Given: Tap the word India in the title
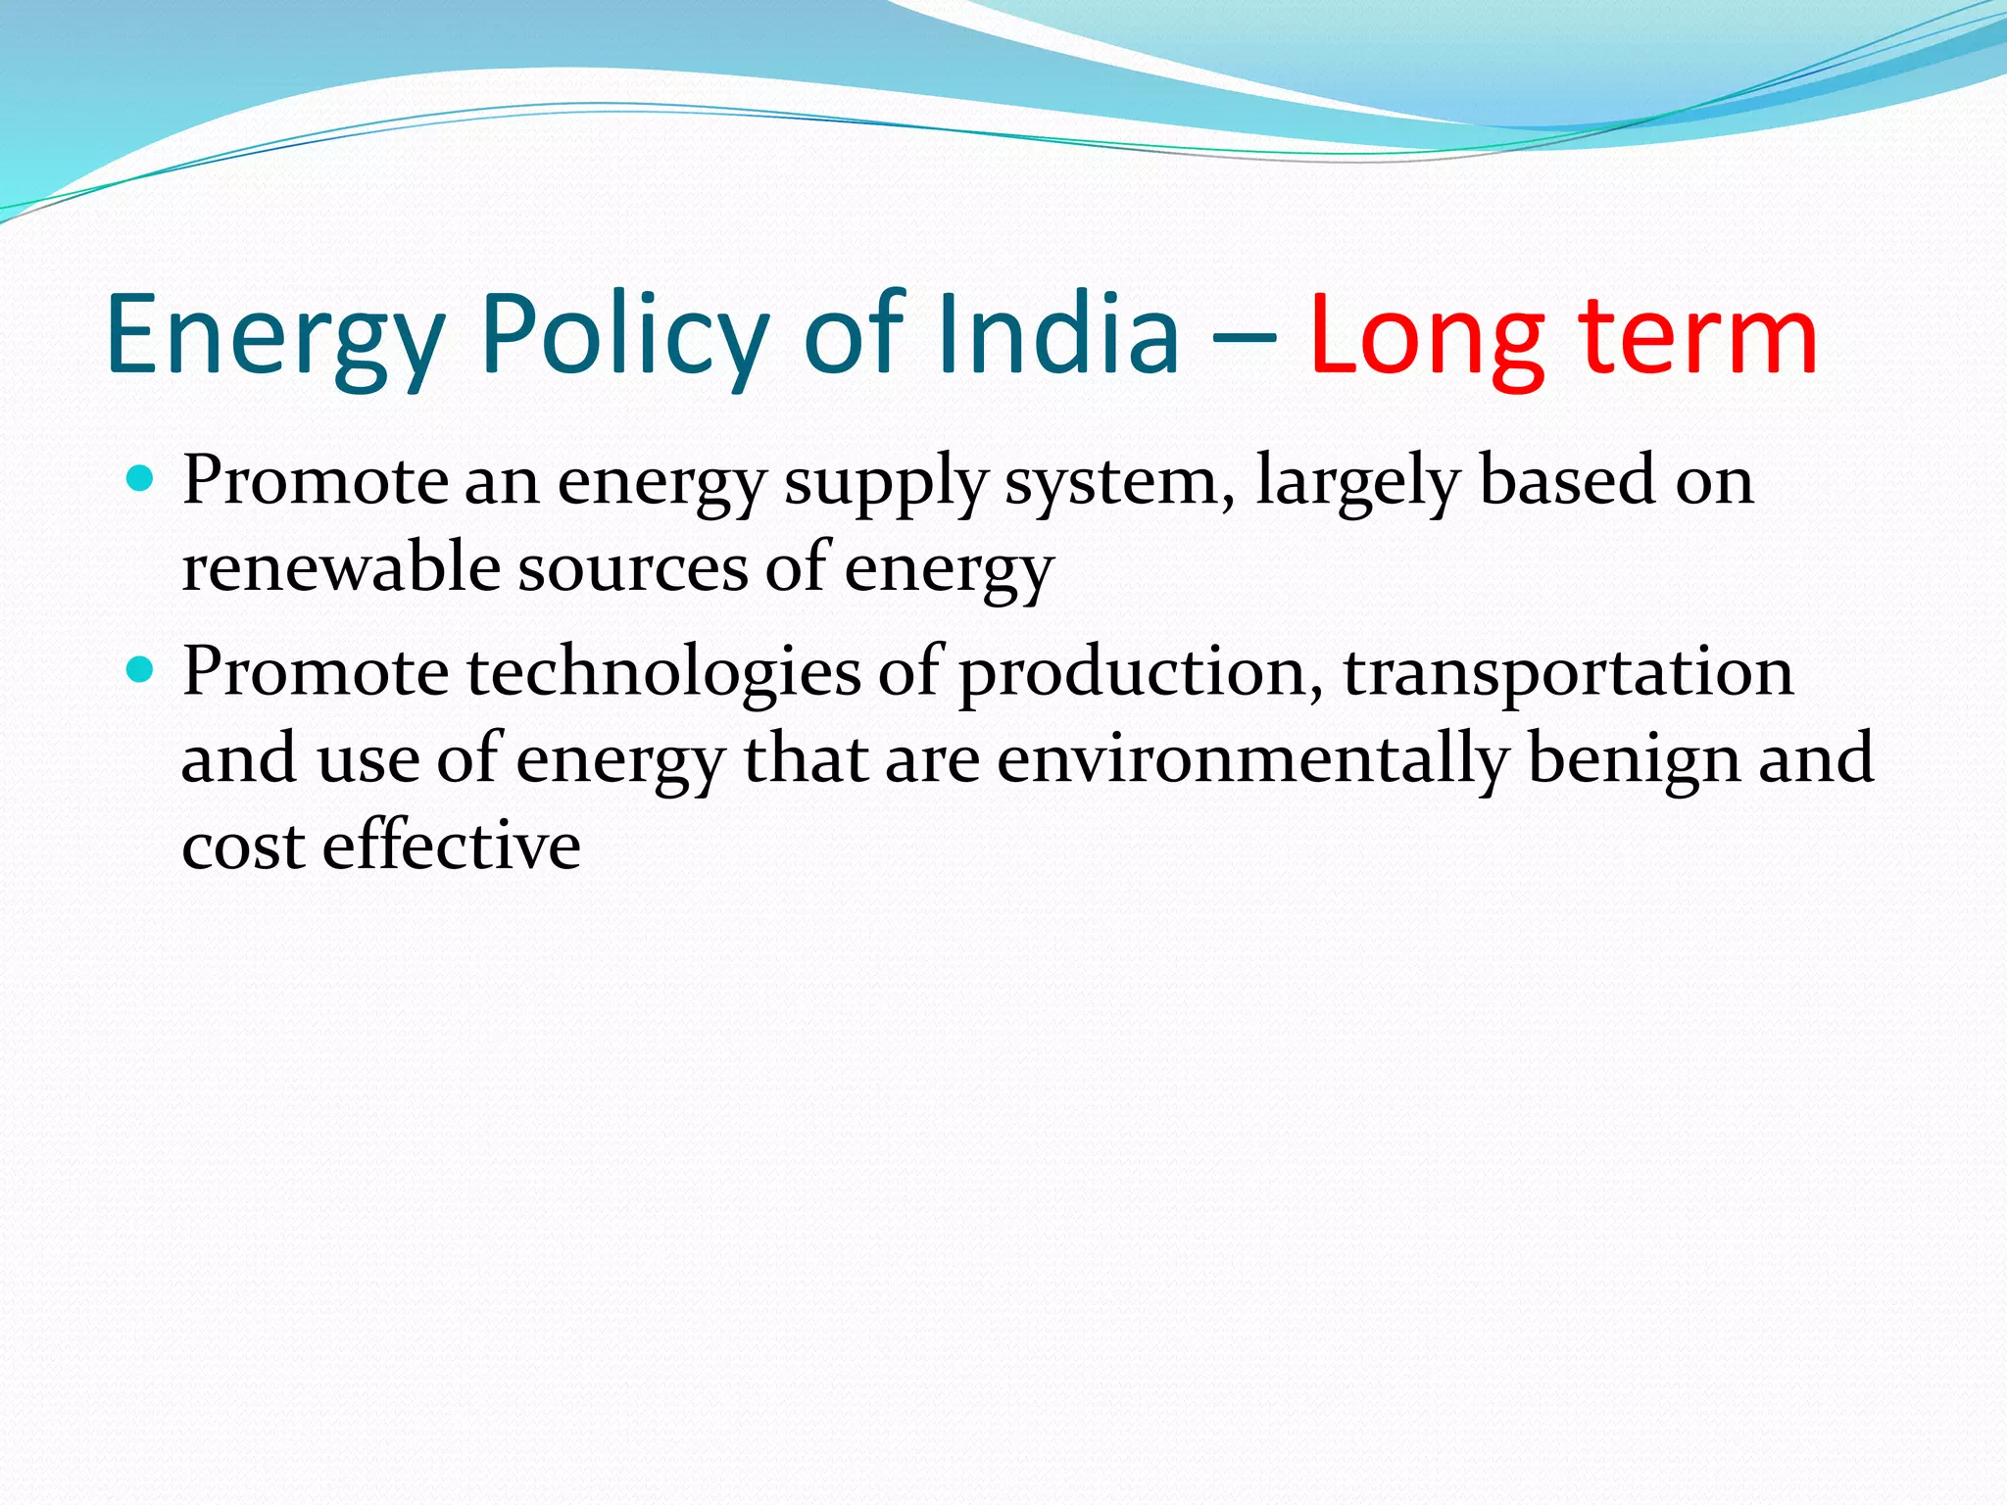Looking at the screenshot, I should point(1057,335).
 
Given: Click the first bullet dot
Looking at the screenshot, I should point(141,479).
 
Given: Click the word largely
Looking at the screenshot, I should point(1358,483).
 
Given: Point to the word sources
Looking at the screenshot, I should point(633,567).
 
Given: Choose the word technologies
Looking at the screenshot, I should point(663,675).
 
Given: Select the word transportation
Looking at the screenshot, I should point(1568,675).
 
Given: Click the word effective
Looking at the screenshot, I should point(452,846).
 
